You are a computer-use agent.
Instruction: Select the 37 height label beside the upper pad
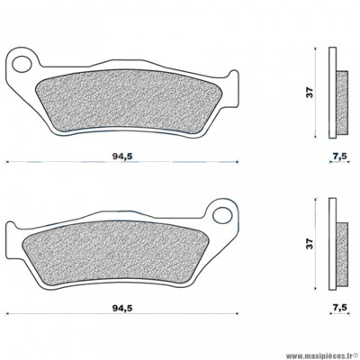308,91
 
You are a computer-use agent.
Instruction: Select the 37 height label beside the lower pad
308,243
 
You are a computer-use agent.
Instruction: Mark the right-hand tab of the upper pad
232,90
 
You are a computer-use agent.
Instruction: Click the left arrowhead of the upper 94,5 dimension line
7,163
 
